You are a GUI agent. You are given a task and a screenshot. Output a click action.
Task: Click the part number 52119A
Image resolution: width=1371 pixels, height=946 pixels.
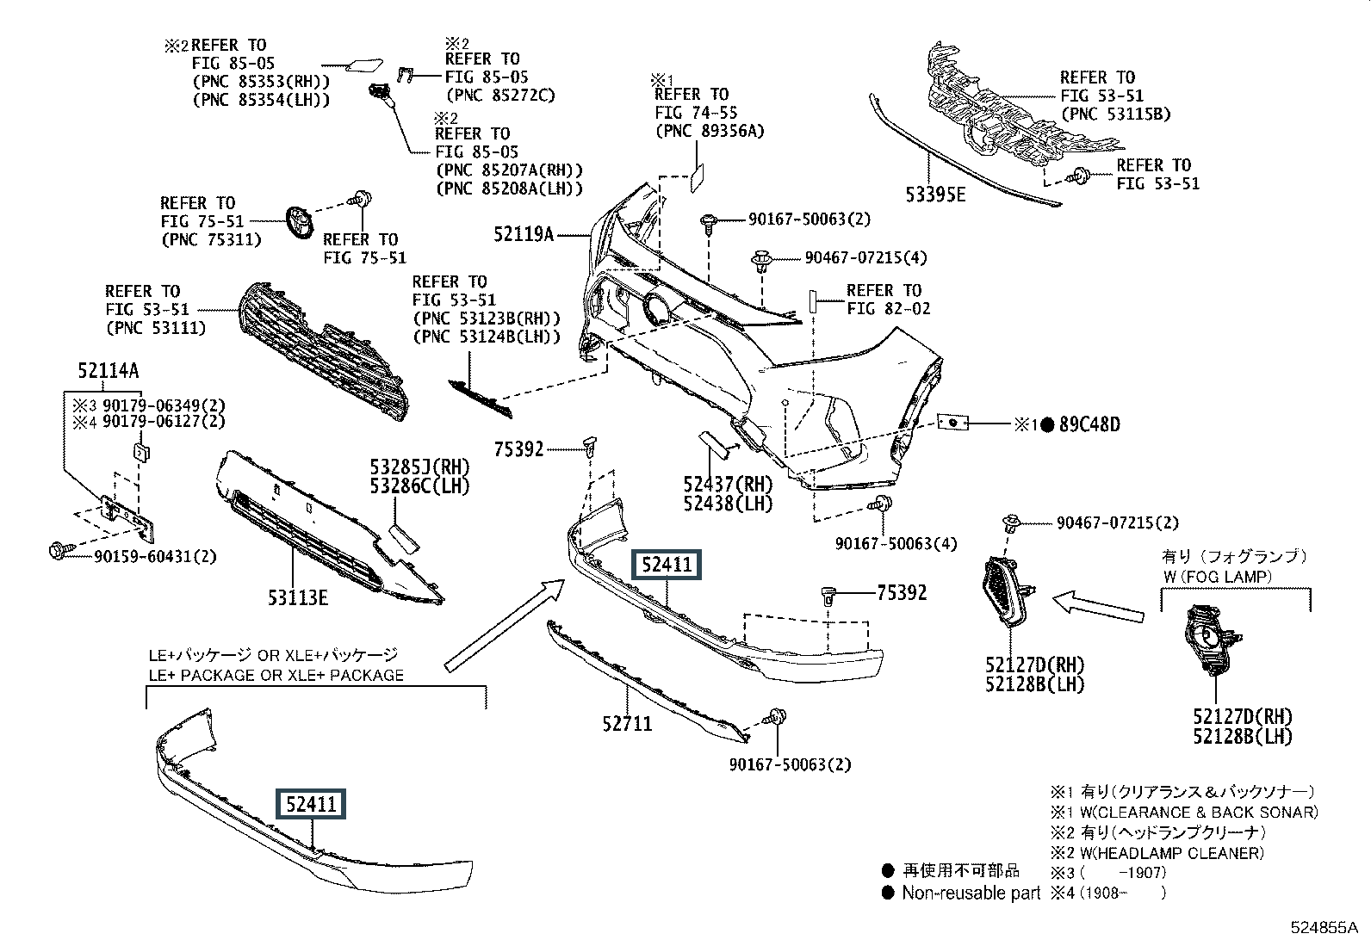click(x=524, y=234)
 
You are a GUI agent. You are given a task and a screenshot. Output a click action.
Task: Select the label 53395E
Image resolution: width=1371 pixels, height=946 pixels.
click(x=935, y=195)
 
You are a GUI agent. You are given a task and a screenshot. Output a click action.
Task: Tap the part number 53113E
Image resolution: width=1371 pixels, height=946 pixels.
click(x=297, y=597)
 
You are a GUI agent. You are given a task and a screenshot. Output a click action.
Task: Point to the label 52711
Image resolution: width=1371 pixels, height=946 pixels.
click(x=627, y=724)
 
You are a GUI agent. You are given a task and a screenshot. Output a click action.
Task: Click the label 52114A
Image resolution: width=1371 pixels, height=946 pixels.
click(x=109, y=370)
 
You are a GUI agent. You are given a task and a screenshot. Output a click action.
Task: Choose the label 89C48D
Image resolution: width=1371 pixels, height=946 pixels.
click(x=1089, y=424)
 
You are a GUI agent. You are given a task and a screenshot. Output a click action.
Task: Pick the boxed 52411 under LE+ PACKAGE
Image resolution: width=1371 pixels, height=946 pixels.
click(x=311, y=804)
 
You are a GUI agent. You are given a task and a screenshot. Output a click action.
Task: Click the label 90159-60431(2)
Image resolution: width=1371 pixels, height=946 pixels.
click(x=155, y=557)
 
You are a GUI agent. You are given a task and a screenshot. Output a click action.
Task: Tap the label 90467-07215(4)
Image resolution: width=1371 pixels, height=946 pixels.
click(x=866, y=257)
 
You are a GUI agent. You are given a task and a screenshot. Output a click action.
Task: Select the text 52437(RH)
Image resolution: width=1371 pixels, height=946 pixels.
click(x=729, y=484)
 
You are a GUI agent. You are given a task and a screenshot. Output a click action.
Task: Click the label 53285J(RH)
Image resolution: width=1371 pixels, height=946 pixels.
click(x=420, y=467)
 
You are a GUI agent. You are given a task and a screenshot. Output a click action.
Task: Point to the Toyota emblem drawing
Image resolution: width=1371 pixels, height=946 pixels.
click(x=300, y=221)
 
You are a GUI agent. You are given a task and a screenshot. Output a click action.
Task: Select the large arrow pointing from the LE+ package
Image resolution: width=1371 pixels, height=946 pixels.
click(x=505, y=626)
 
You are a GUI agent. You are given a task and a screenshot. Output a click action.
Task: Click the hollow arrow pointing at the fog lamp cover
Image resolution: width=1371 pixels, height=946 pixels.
click(x=1098, y=606)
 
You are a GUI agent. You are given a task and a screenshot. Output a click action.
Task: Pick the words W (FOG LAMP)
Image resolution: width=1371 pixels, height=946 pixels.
click(x=1218, y=577)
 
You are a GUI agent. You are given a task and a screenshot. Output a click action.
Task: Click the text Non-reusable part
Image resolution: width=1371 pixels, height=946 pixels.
click(x=971, y=893)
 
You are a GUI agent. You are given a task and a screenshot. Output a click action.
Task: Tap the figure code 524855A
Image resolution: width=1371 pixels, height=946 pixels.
click(x=1324, y=928)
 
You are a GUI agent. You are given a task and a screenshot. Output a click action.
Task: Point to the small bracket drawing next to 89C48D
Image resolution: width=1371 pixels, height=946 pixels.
click(x=953, y=422)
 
